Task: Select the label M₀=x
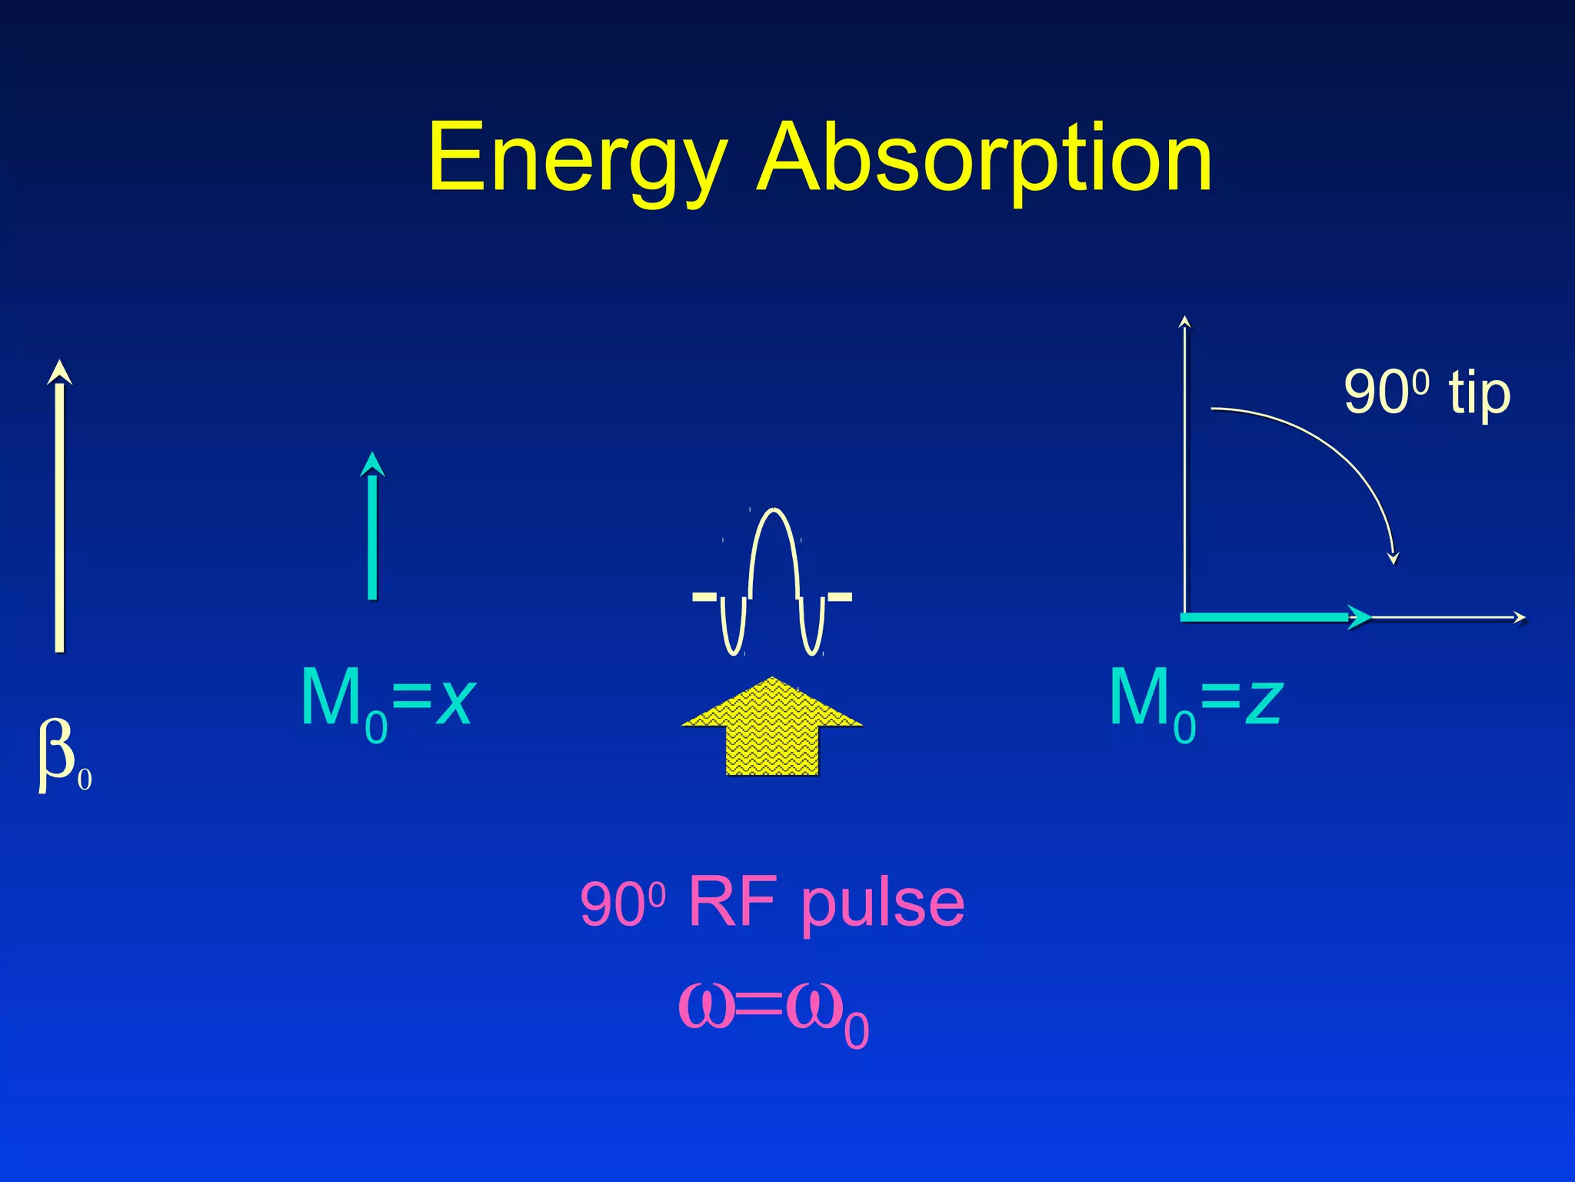click(387, 700)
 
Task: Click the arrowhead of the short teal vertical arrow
click(372, 462)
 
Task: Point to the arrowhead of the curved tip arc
click(1393, 559)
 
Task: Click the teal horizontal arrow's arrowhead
click(1360, 617)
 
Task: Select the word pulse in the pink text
click(882, 904)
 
